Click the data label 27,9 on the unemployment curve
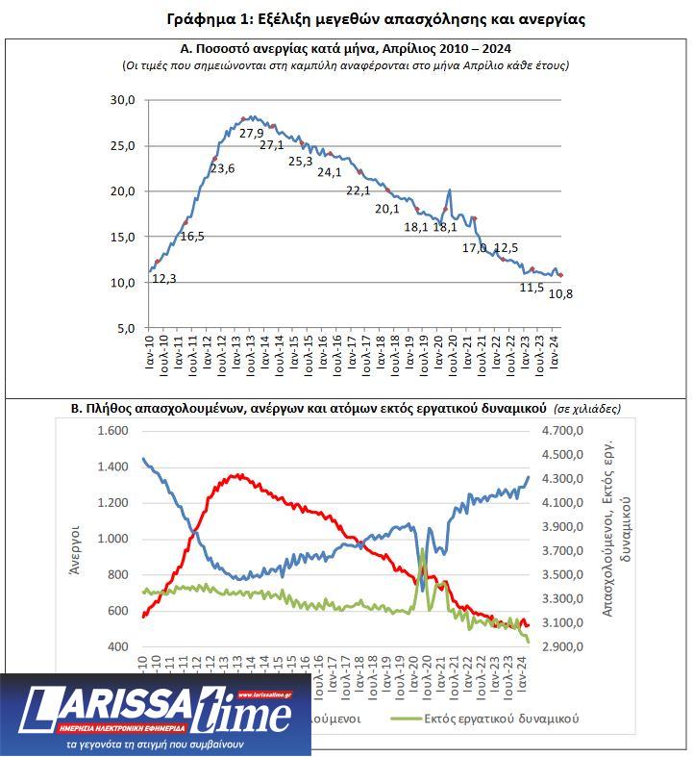tap(252, 134)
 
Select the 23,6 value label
tap(222, 168)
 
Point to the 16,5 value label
tap(192, 236)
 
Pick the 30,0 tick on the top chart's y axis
tap(123, 100)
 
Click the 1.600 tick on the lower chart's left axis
tap(112, 431)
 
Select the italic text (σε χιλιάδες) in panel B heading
tap(587, 408)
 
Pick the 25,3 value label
tap(301, 162)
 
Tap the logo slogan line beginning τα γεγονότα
tap(155, 744)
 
